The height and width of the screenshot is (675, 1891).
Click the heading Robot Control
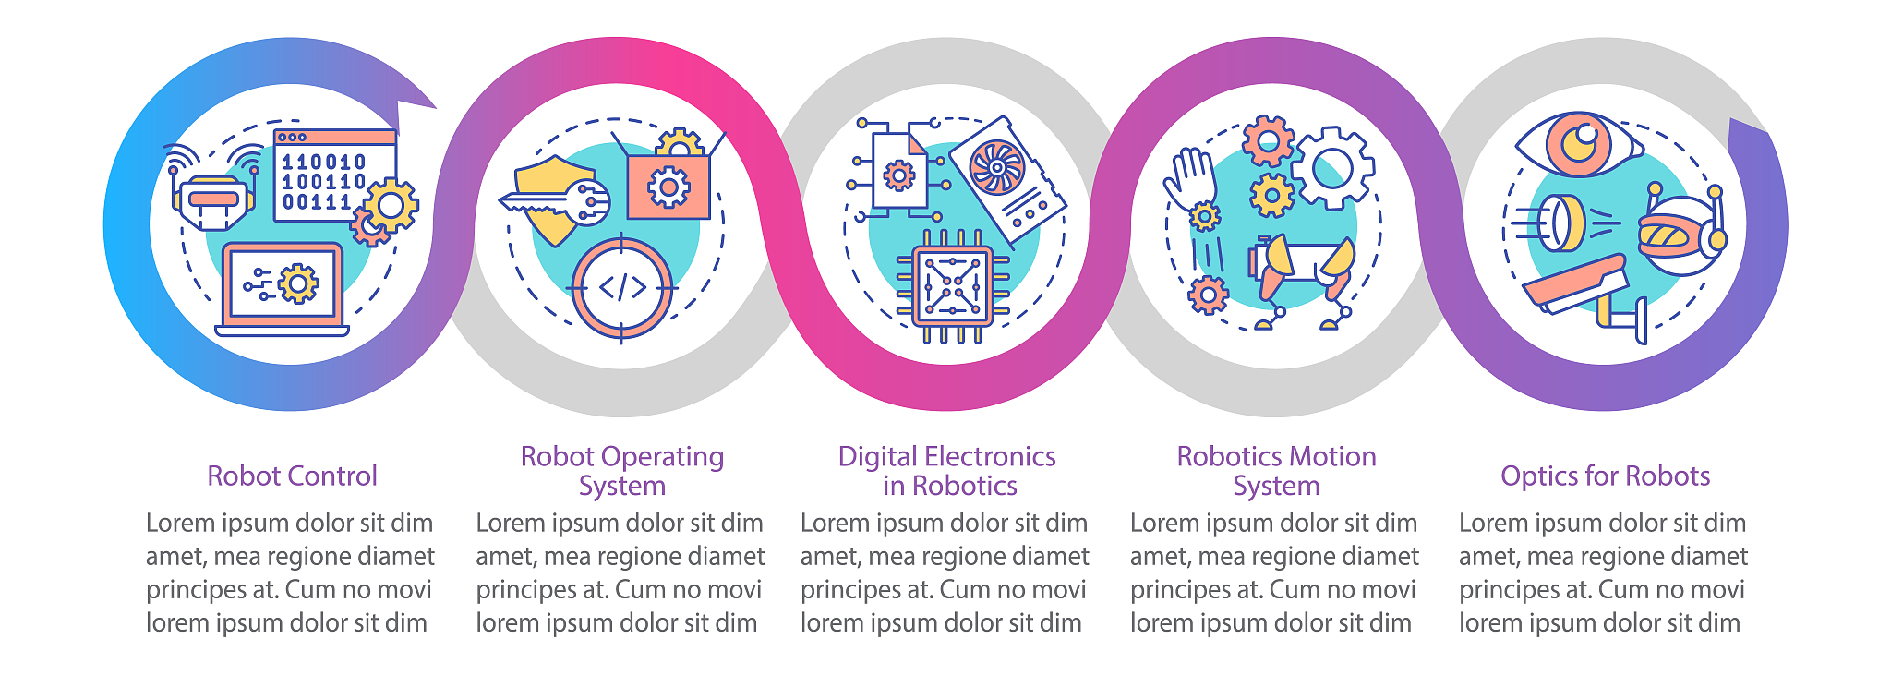(x=292, y=476)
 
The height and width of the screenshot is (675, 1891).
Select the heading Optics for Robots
(x=1605, y=476)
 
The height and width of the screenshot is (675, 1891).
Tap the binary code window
(x=334, y=175)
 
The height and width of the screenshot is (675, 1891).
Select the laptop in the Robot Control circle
(x=283, y=289)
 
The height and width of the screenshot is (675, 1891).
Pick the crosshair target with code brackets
(x=621, y=288)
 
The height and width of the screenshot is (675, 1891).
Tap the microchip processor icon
(x=951, y=286)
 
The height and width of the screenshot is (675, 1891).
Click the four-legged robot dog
(x=1301, y=278)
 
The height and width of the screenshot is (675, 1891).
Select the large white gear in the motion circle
(x=1332, y=168)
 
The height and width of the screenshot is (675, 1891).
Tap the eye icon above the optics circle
(x=1579, y=145)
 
